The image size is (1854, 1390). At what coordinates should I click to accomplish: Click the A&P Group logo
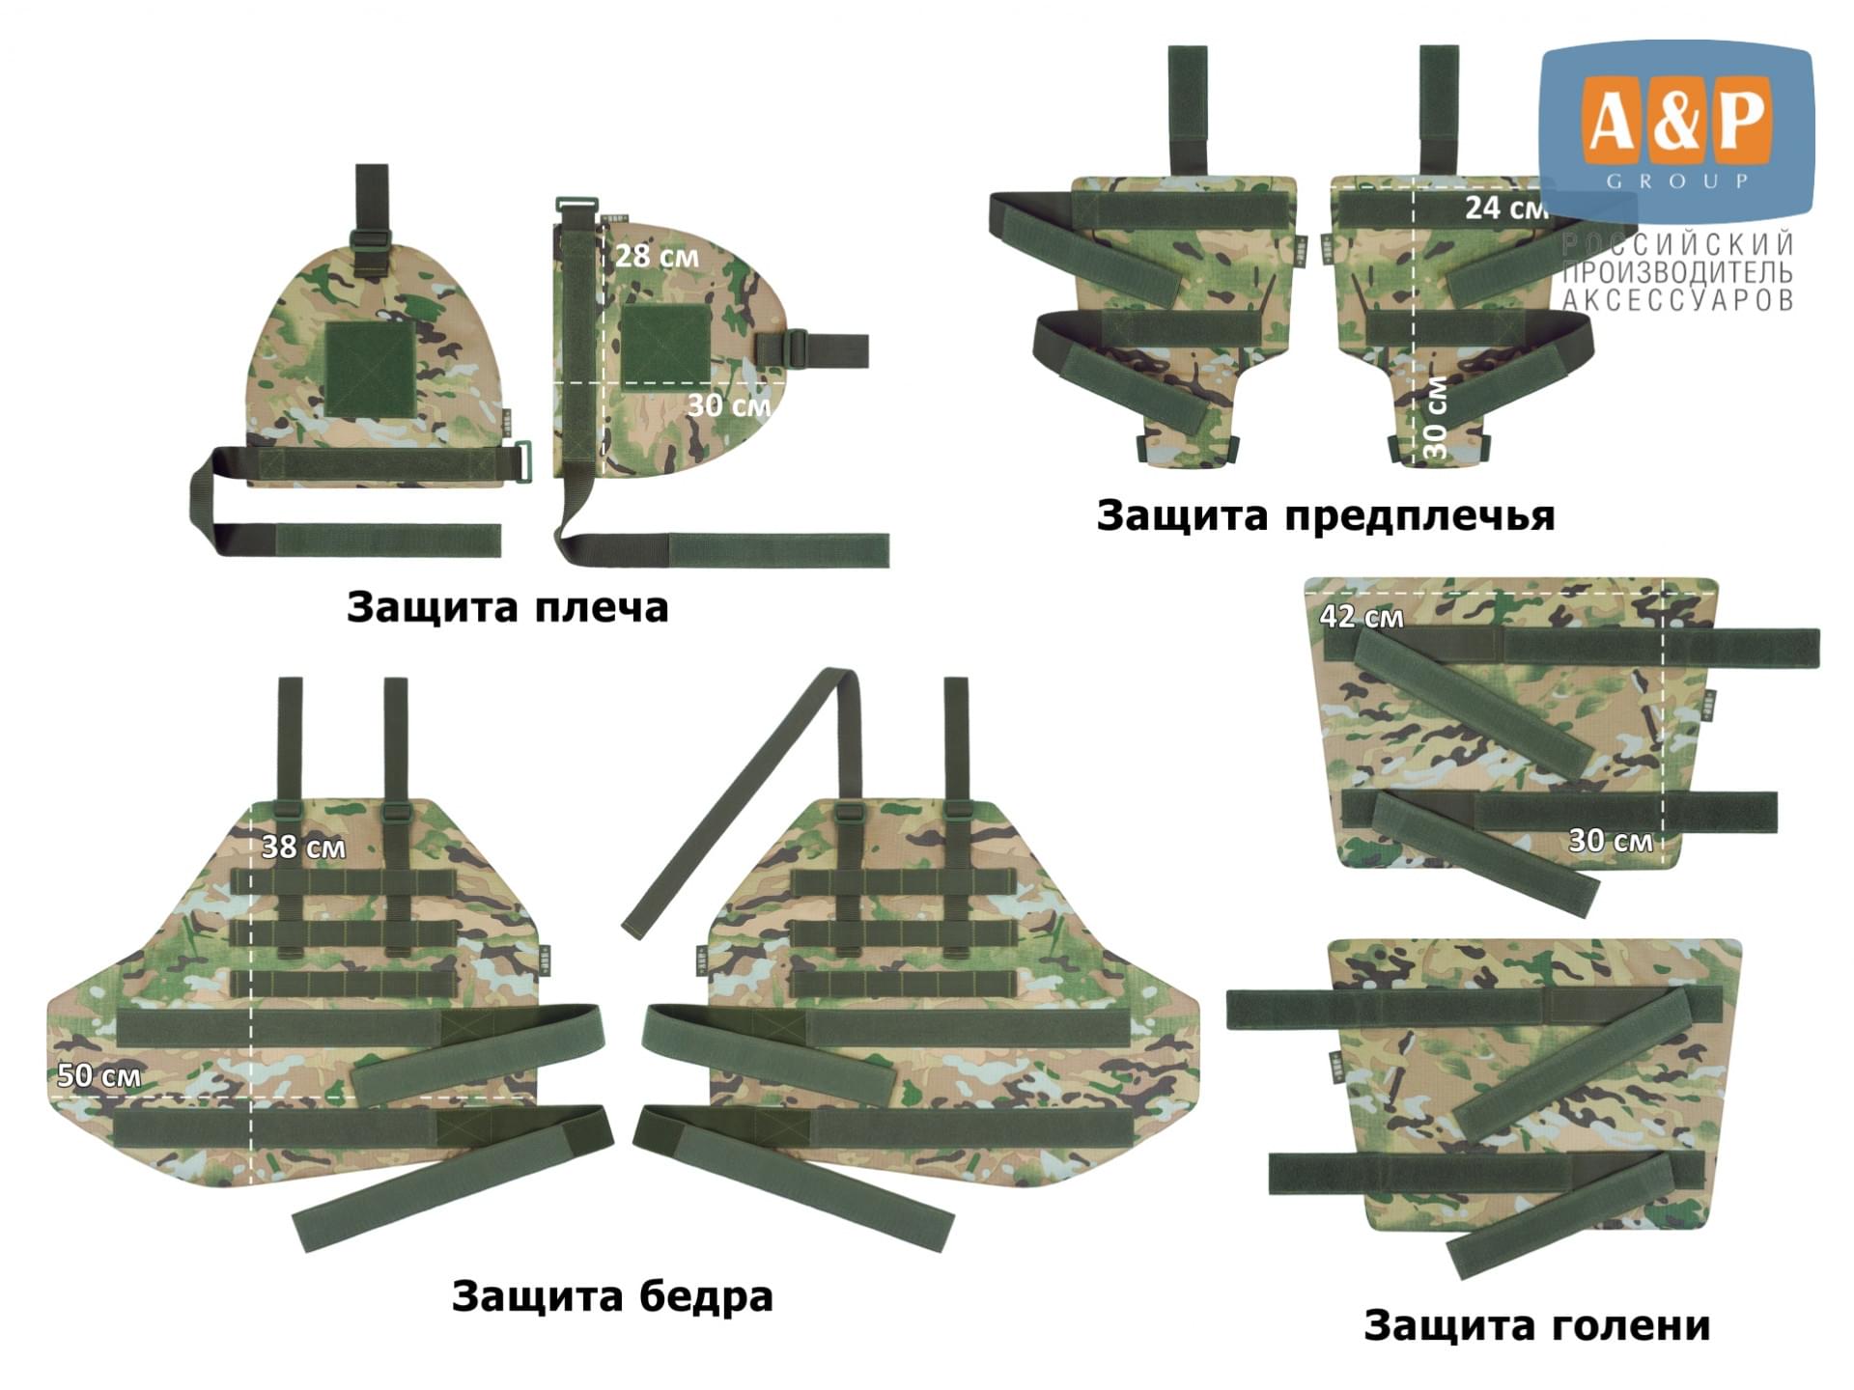pos(1676,129)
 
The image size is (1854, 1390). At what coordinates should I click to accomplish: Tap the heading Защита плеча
pos(507,607)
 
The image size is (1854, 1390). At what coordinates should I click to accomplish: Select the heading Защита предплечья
pos(1326,515)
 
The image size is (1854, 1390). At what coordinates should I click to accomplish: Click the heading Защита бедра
pos(612,1295)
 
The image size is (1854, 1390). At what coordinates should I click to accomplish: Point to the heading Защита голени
pos(1536,1324)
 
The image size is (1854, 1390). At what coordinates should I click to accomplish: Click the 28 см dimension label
pos(657,256)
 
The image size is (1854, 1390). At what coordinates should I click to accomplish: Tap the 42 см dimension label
pos(1362,616)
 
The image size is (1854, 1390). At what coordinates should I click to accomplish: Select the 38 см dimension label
pos(303,847)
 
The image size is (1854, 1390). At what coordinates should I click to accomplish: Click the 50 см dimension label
pos(98,1075)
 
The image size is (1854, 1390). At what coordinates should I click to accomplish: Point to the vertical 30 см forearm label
pos(1436,417)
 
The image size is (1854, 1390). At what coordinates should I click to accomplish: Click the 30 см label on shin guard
pos(1610,840)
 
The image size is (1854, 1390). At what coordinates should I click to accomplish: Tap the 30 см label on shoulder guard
pos(729,405)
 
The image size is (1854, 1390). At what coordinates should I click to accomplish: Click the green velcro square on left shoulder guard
pos(371,370)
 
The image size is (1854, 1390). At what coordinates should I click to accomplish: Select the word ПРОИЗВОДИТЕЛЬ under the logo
pos(1678,271)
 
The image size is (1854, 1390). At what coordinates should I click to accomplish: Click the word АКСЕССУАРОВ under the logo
pos(1678,300)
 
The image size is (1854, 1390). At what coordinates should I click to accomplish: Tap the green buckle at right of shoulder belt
pos(521,461)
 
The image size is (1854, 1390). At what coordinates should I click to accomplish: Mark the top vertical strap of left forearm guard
pos(1188,110)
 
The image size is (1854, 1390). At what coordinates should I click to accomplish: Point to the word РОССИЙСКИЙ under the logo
pos(1678,243)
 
